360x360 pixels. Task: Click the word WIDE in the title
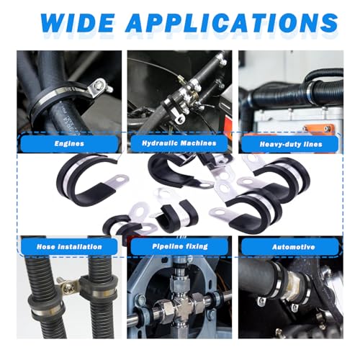pyautogui.click(x=78, y=23)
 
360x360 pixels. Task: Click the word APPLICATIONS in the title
pyautogui.click(x=232, y=23)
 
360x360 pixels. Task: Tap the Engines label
pyautogui.click(x=69, y=143)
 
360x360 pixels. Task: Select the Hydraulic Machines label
pyautogui.click(x=179, y=143)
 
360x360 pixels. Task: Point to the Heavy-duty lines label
pyautogui.click(x=291, y=144)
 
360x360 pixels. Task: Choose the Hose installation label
pyautogui.click(x=69, y=247)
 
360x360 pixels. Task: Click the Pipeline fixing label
pyautogui.click(x=180, y=246)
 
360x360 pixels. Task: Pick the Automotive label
pyautogui.click(x=293, y=247)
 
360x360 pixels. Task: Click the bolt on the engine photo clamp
pyautogui.click(x=99, y=84)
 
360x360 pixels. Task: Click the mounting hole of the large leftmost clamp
pyautogui.click(x=120, y=179)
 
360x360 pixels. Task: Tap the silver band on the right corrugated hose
pyautogui.click(x=104, y=292)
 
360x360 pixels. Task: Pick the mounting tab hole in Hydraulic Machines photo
pyautogui.click(x=180, y=118)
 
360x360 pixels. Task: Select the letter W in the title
pyautogui.click(x=52, y=23)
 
